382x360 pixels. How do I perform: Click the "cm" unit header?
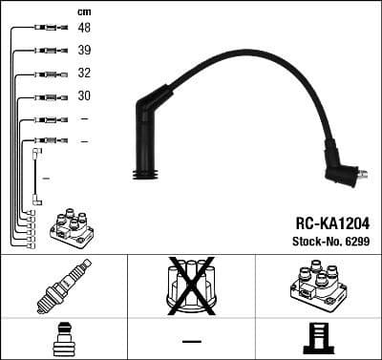point(83,11)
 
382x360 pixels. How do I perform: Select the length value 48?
point(85,28)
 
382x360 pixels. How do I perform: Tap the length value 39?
point(85,50)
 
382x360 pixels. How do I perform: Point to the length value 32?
point(85,73)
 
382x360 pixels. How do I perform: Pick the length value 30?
point(85,95)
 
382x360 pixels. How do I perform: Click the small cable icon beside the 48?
point(47,29)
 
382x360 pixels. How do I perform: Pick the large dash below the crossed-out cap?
point(191,341)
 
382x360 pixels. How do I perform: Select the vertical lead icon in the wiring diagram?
point(36,176)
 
